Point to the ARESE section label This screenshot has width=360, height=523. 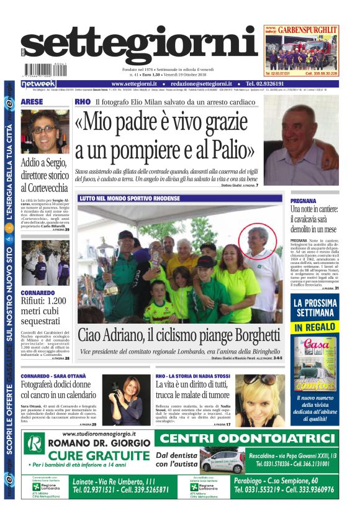(32, 101)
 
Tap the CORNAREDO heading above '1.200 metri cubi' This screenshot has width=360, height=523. (38, 292)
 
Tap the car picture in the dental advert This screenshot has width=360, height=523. (222, 462)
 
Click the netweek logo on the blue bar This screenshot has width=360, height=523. (38, 84)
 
